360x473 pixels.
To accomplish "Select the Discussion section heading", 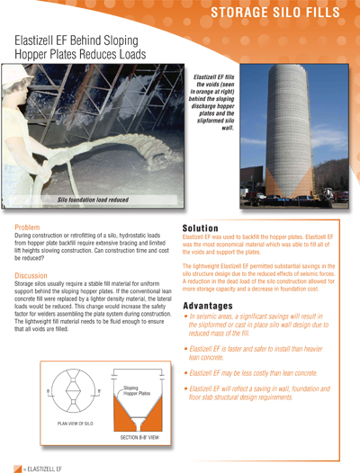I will [31, 275].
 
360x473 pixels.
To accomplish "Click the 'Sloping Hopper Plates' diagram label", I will [136, 393].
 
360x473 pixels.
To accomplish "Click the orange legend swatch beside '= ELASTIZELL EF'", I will [17, 466].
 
